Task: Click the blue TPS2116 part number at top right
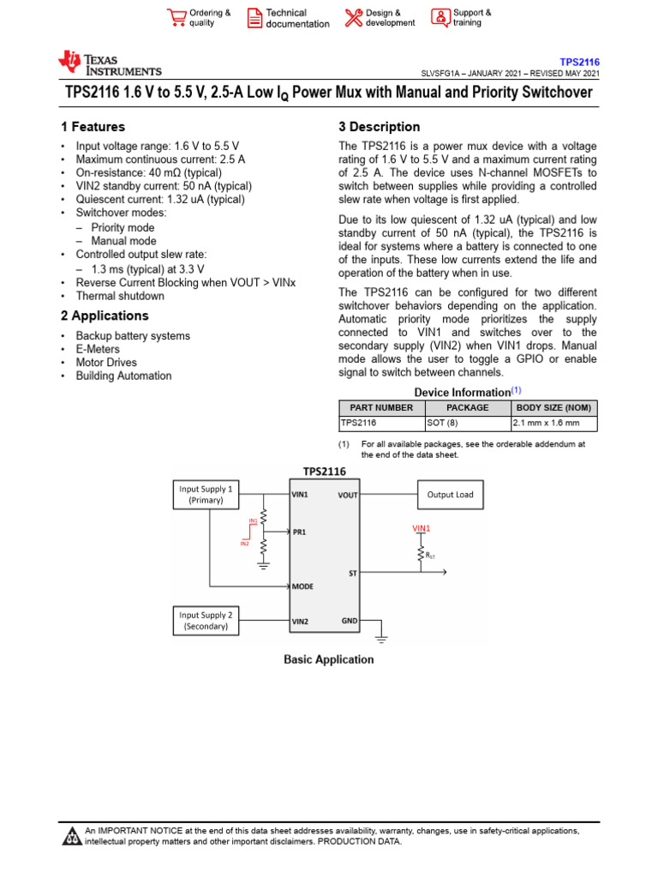point(579,63)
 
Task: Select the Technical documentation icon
point(254,18)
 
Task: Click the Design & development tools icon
point(353,18)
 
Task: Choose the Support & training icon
point(440,18)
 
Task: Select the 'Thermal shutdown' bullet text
point(120,296)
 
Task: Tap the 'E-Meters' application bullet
point(98,349)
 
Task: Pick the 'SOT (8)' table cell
point(442,423)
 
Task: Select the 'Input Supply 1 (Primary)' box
point(206,495)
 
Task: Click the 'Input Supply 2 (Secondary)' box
point(206,620)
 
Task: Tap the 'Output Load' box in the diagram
point(450,495)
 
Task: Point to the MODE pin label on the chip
point(302,586)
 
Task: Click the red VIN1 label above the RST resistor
point(422,529)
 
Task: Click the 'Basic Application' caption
point(329,659)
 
